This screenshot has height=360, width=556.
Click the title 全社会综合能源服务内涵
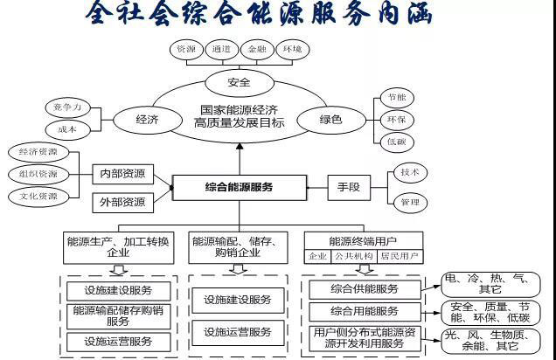click(260, 16)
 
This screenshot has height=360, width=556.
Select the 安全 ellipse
click(239, 83)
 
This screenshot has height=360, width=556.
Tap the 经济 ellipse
click(147, 119)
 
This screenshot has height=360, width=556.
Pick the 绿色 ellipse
click(330, 119)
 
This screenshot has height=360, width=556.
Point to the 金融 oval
click(257, 50)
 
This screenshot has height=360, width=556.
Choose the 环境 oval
click(291, 50)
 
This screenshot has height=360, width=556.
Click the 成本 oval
click(67, 129)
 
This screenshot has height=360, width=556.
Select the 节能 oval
click(396, 97)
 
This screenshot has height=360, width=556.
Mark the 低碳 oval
click(396, 141)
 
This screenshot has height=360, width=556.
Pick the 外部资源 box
click(122, 203)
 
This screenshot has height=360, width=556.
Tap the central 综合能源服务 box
click(240, 187)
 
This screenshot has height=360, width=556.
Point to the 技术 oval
click(409, 172)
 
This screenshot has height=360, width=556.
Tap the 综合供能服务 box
click(365, 289)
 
